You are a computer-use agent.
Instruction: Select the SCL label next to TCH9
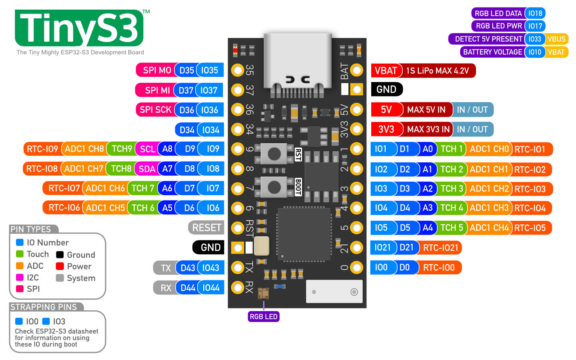(147, 149)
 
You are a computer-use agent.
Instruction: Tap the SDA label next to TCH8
(146, 169)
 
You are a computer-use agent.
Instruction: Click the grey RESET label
(206, 228)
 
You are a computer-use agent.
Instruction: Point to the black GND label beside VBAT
(387, 89)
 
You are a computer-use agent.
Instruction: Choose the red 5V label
(386, 110)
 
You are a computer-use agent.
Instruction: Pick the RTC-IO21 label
(440, 248)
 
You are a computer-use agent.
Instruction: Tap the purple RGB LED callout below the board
(264, 316)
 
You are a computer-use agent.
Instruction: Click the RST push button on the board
(274, 154)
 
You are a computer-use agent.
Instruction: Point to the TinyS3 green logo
(79, 28)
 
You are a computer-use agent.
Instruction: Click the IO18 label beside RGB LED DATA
(535, 13)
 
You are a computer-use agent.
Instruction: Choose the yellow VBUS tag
(556, 39)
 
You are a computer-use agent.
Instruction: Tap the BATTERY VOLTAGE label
(492, 52)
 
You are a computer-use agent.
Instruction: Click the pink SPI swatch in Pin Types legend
(20, 289)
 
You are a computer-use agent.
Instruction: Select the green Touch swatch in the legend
(20, 254)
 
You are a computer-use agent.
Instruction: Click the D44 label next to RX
(188, 288)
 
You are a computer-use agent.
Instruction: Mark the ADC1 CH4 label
(489, 228)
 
